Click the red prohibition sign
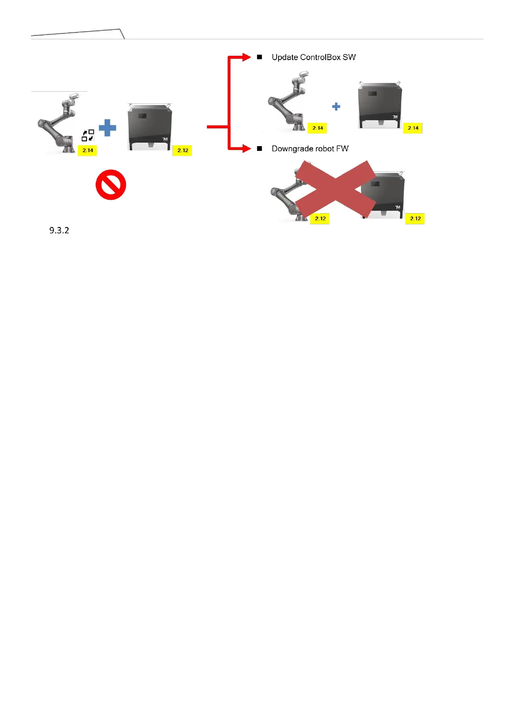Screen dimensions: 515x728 tap(111, 185)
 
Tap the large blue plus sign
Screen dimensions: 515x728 tap(107, 128)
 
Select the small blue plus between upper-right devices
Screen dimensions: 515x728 tap(336, 106)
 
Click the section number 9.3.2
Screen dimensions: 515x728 tap(59, 230)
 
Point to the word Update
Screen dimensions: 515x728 tap(285, 57)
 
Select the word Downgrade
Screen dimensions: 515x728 tap(292, 149)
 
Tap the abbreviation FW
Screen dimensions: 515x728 tap(342, 149)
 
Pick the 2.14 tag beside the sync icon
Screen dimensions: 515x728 tap(88, 150)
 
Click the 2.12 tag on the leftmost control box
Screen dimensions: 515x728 tap(182, 150)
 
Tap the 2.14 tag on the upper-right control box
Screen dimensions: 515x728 tap(413, 128)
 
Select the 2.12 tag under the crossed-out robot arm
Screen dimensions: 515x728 tap(320, 219)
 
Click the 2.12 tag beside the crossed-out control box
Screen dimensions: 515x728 tap(415, 219)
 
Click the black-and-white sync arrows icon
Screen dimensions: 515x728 tap(88, 135)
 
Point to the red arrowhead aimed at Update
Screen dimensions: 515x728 tap(246, 57)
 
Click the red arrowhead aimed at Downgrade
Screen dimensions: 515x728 tap(246, 149)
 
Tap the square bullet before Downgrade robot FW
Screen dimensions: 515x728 tap(259, 149)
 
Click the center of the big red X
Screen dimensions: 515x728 tap(335, 189)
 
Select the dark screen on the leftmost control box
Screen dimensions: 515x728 tap(142, 116)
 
